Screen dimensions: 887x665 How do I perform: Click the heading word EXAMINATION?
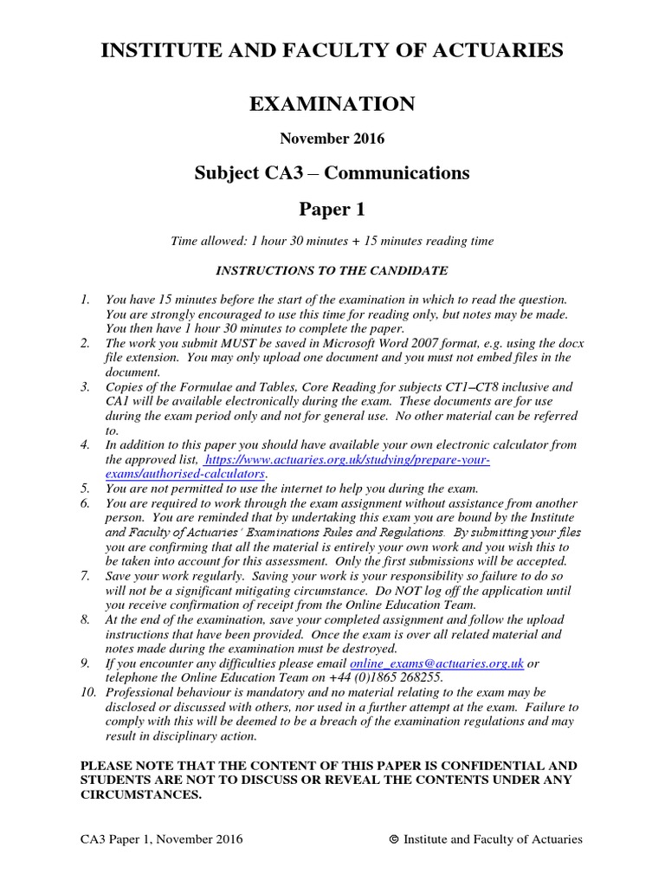pos(332,105)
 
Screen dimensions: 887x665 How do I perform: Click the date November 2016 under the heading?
pos(332,139)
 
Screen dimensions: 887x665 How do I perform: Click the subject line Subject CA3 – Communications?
pos(332,173)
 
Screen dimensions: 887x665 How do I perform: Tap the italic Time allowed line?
pos(332,240)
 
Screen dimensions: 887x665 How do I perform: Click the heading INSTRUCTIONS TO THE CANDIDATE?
pos(332,270)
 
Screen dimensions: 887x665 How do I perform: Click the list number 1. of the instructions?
pos(85,299)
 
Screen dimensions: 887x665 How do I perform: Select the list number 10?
pos(87,693)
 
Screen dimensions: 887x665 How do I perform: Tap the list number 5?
pos(85,489)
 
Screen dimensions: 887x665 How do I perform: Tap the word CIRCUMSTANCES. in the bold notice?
pos(140,795)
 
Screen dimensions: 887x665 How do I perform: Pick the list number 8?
pos(85,619)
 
